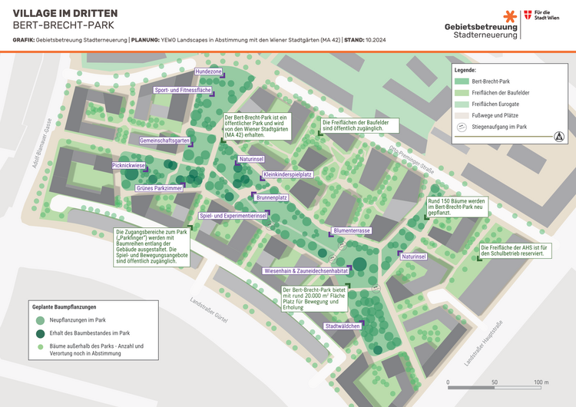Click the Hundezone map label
pyautogui.click(x=208, y=71)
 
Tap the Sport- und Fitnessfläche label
pyautogui.click(x=183, y=90)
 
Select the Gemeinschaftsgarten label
pyautogui.click(x=164, y=141)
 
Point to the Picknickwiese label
pyautogui.click(x=128, y=165)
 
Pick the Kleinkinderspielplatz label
pyautogui.click(x=287, y=174)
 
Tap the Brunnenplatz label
pyautogui.click(x=271, y=197)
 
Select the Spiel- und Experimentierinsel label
pyautogui.click(x=233, y=216)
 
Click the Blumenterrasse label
pyautogui.click(x=352, y=230)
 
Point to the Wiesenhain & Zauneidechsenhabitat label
pyautogui.click(x=306, y=271)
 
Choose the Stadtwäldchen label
pyautogui.click(x=343, y=326)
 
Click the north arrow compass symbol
pyautogui.click(x=558, y=137)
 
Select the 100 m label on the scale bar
pyautogui.click(x=541, y=382)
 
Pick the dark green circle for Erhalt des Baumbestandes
pyautogui.click(x=40, y=333)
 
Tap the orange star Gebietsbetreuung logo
pyautogui.click(x=510, y=17)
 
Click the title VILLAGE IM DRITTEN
pyautogui.click(x=64, y=13)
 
